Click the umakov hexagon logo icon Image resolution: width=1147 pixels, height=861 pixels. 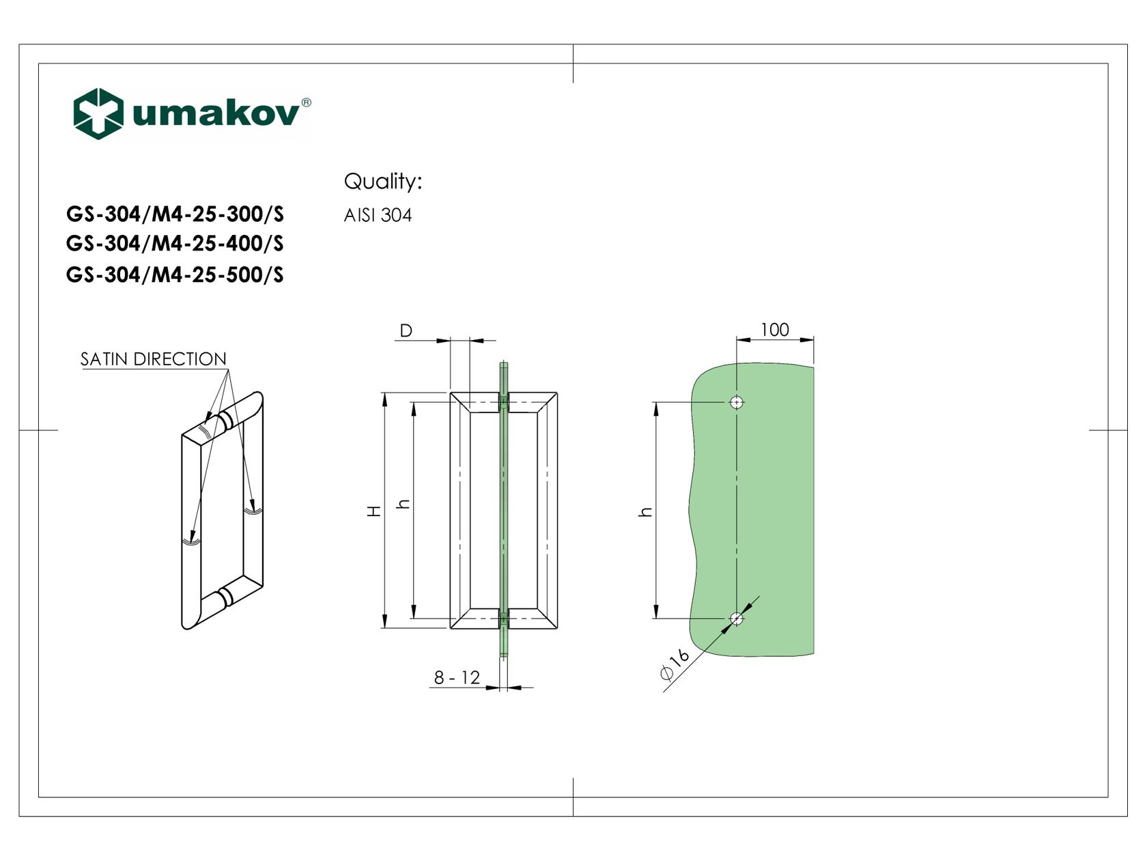point(98,113)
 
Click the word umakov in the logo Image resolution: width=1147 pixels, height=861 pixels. point(216,113)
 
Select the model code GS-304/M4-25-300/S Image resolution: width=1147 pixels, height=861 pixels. point(175,214)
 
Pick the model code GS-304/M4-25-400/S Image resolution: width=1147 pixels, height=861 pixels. point(175,244)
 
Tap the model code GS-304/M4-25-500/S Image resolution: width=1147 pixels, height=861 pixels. point(175,274)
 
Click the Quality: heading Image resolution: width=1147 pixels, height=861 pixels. point(382,182)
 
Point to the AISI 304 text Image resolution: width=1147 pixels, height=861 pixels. point(378,216)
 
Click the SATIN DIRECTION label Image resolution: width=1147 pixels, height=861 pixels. point(153,359)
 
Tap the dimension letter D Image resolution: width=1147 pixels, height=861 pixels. point(406,331)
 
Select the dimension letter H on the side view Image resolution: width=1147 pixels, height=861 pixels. point(374,511)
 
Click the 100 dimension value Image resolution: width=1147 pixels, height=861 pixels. point(774,330)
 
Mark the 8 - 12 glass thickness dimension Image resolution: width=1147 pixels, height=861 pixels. point(457,677)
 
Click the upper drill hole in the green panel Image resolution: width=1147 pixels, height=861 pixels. point(736,402)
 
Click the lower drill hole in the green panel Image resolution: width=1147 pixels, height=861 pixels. point(736,619)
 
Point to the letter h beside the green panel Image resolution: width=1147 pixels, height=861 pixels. point(645,511)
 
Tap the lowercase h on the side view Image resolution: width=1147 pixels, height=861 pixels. point(403,505)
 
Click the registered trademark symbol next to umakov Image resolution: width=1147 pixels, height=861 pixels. point(306,102)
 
